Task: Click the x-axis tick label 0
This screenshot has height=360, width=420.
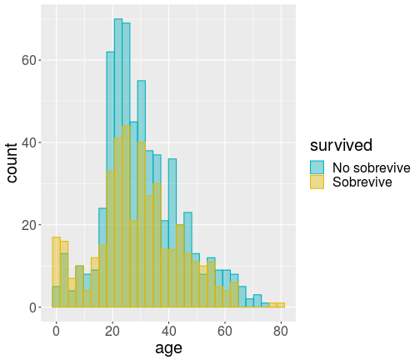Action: pyautogui.click(x=56, y=332)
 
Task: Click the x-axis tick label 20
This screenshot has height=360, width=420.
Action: pyautogui.click(x=112, y=332)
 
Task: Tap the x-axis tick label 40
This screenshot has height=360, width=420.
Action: pyautogui.click(x=168, y=332)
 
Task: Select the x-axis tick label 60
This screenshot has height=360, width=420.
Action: pyautogui.click(x=224, y=332)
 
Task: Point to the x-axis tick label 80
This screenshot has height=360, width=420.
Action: pyautogui.click(x=281, y=332)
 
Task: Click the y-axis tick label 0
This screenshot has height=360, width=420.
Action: pyautogui.click(x=33, y=307)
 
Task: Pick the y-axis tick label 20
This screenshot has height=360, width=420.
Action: pyautogui.click(x=29, y=225)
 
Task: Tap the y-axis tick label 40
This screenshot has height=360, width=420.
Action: pyautogui.click(x=29, y=143)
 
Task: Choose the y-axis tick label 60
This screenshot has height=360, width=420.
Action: pyautogui.click(x=29, y=61)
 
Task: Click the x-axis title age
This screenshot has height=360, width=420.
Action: pyautogui.click(x=168, y=348)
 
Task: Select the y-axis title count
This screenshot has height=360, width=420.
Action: pyautogui.click(x=12, y=163)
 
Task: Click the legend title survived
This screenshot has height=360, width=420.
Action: pyautogui.click(x=341, y=145)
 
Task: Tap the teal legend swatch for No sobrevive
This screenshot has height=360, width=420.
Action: pyautogui.click(x=317, y=167)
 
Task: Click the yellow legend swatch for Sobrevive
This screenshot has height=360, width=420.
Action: pyautogui.click(x=317, y=182)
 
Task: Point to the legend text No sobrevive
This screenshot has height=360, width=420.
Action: pyautogui.click(x=372, y=167)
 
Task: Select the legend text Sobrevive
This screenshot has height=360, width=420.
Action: pyautogui.click(x=362, y=182)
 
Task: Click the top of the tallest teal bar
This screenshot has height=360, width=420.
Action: pyautogui.click(x=118, y=19)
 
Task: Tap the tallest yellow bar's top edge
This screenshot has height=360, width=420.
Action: pyautogui.click(x=126, y=126)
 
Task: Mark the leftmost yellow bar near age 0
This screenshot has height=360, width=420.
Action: pyautogui.click(x=57, y=272)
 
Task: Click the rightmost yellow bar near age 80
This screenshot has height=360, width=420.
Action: pyautogui.click(x=281, y=305)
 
